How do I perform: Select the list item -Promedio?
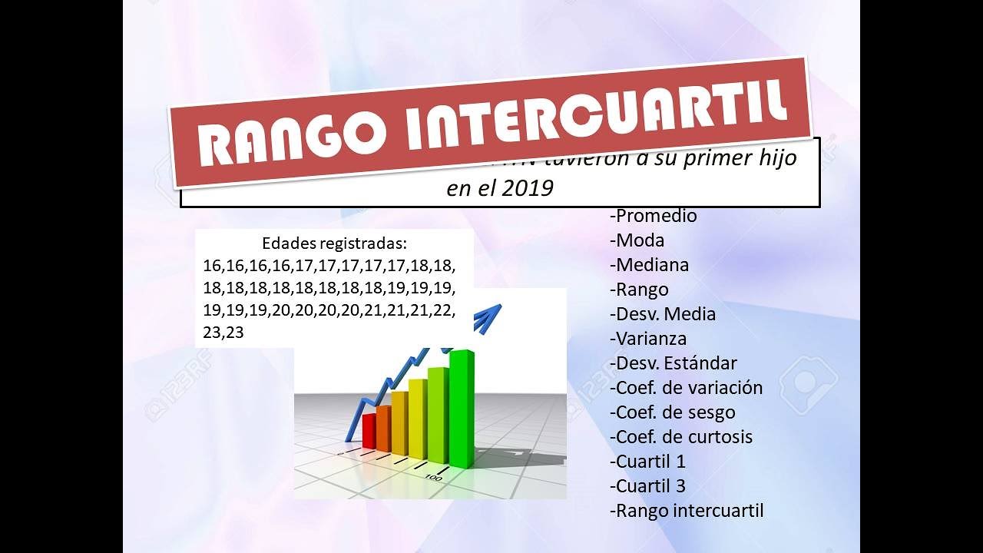tap(653, 216)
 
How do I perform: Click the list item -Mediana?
tap(649, 265)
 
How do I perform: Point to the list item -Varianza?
tap(648, 339)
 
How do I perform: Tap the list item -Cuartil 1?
tap(647, 462)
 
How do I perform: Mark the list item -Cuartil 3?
tap(647, 486)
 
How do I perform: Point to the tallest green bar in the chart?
tap(462, 407)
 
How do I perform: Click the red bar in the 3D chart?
tap(369, 431)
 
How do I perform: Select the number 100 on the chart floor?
tap(433, 477)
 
